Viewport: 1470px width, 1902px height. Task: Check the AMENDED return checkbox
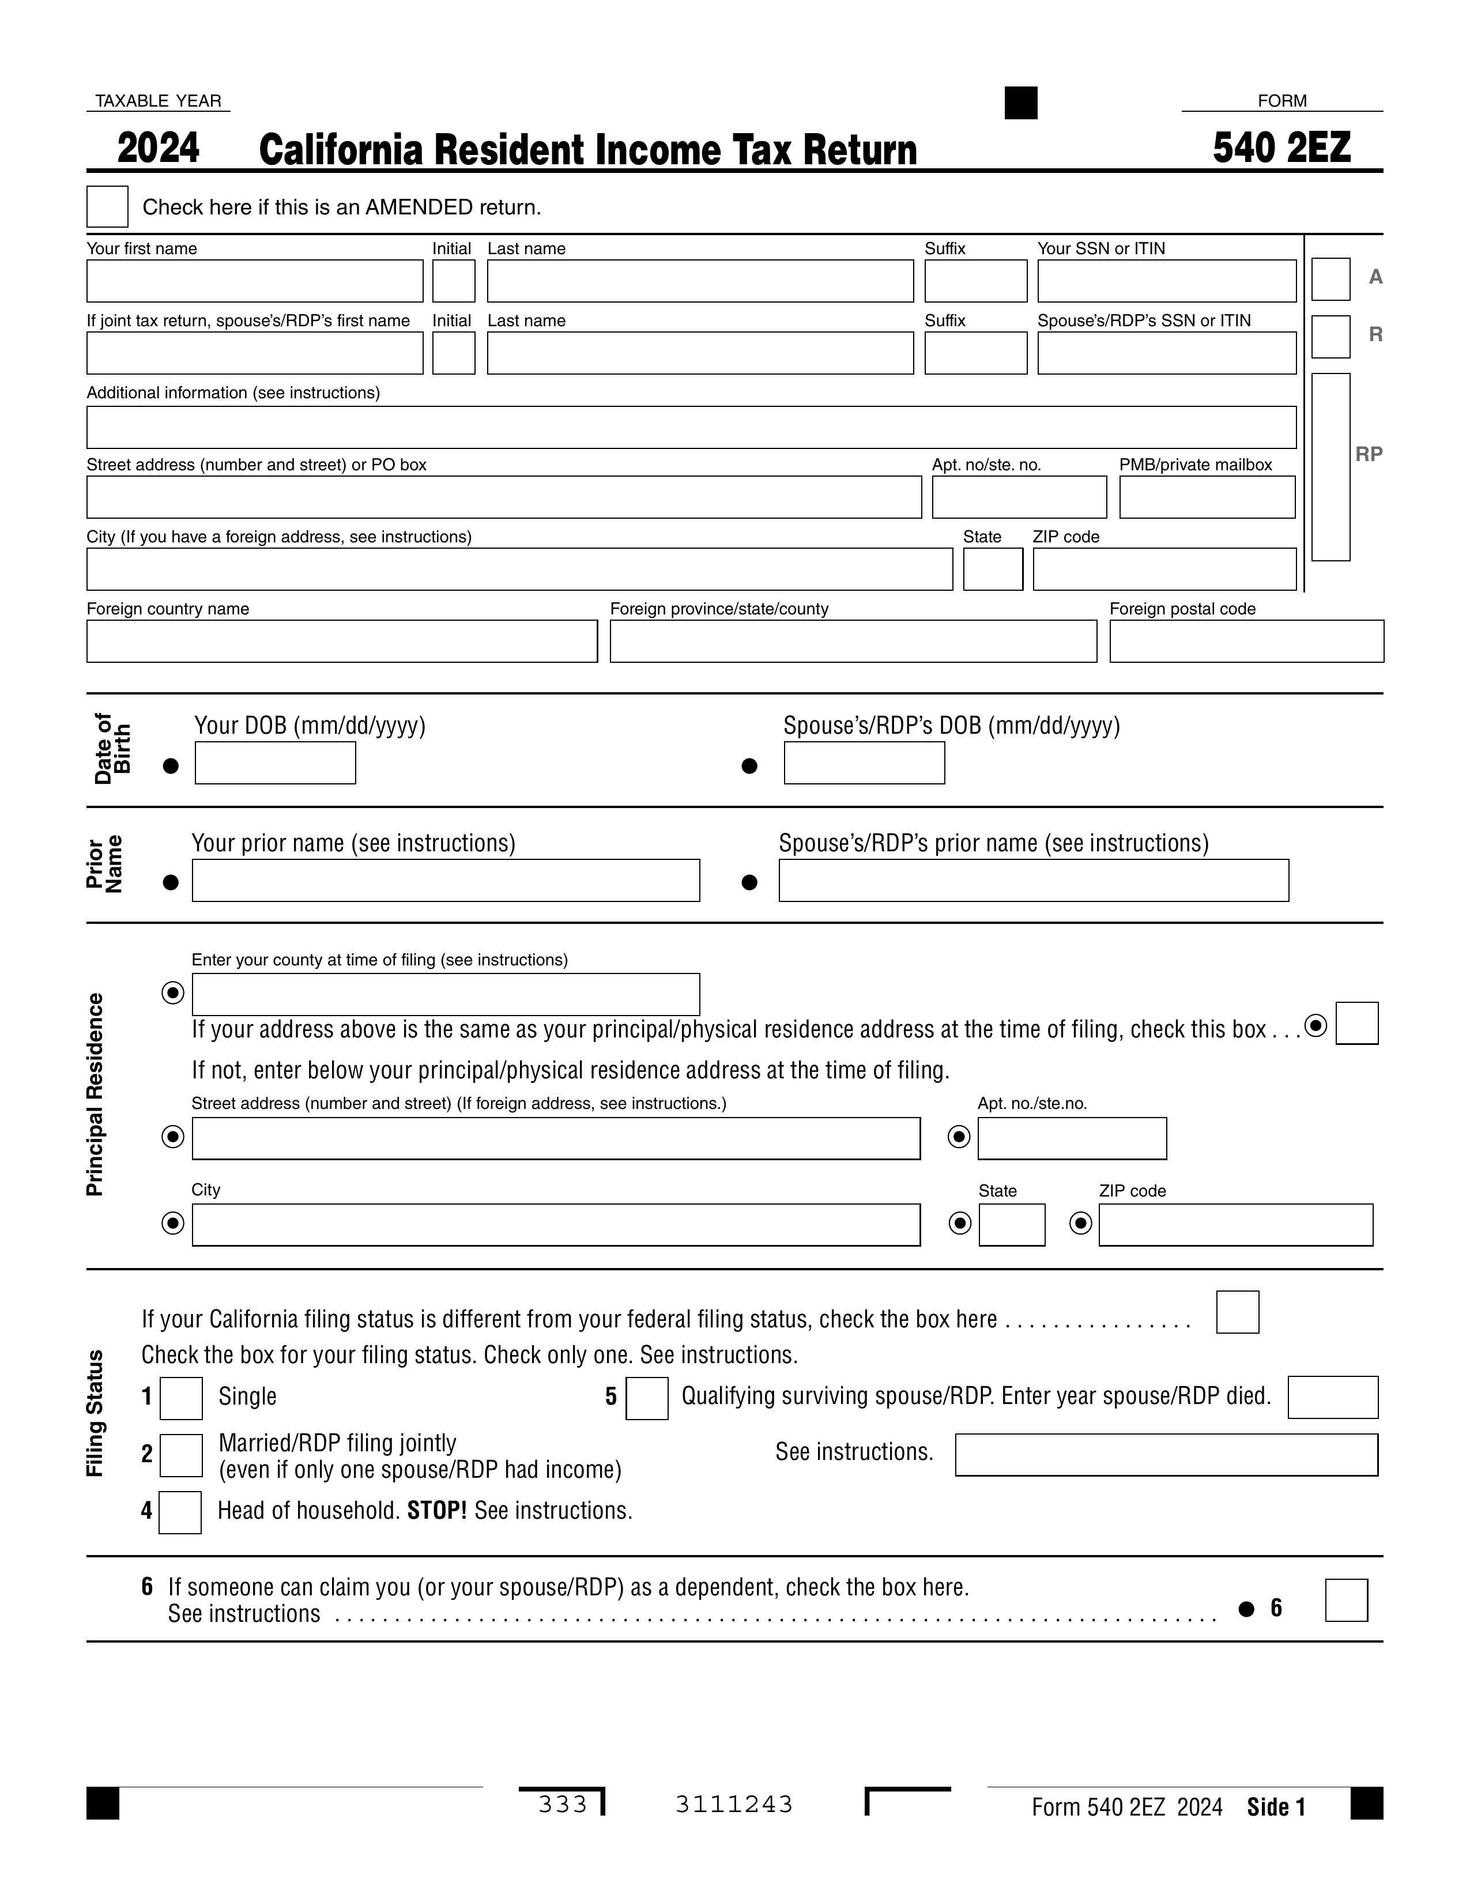[x=107, y=206]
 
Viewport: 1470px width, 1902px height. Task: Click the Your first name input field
[x=254, y=281]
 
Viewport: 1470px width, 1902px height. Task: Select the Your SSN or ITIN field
[x=1166, y=281]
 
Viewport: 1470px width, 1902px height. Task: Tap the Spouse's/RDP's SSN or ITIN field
[x=1166, y=353]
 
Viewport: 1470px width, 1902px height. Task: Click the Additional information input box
[x=691, y=428]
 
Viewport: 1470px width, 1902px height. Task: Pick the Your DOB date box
[x=275, y=763]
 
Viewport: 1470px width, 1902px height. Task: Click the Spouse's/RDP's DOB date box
[x=864, y=763]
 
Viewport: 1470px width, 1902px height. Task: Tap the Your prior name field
[x=445, y=881]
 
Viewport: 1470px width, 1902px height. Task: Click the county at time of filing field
[x=445, y=995]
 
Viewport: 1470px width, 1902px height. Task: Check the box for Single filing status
[x=181, y=1399]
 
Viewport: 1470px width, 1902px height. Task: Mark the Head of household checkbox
[x=180, y=1513]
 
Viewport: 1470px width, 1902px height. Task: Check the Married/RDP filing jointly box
[x=181, y=1455]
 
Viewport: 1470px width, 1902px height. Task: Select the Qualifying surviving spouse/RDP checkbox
[x=646, y=1399]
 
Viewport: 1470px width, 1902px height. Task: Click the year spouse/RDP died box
[x=1332, y=1398]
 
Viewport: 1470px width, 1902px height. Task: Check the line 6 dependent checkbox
[x=1345, y=1601]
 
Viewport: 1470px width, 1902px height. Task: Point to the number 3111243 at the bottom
[x=733, y=1805]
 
